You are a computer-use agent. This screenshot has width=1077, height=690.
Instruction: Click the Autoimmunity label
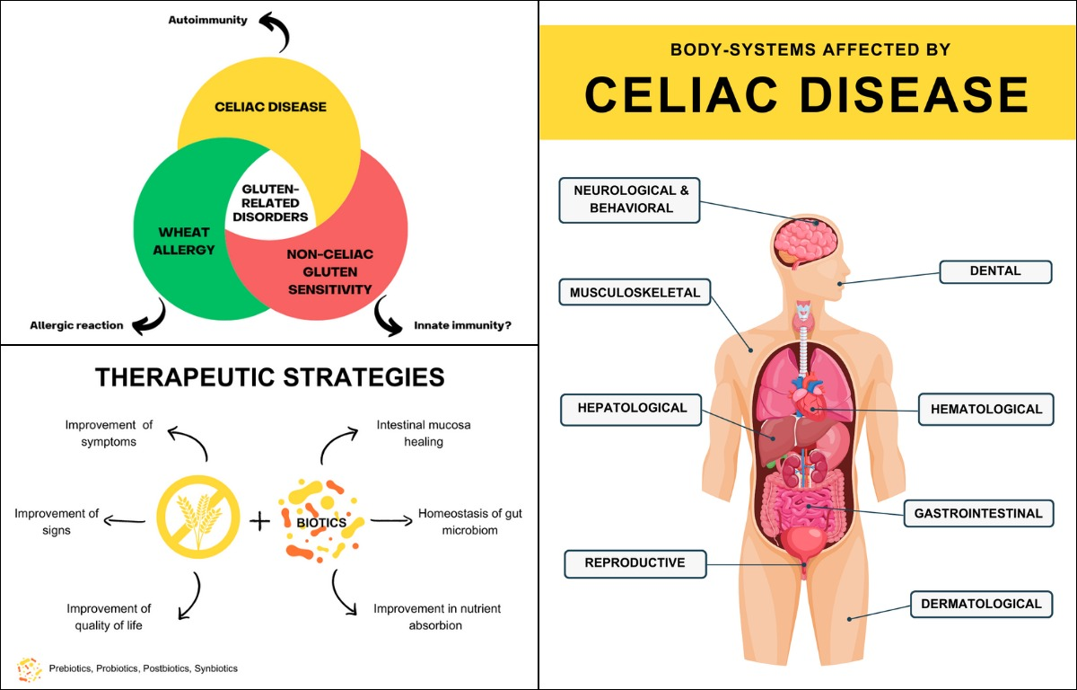coord(207,20)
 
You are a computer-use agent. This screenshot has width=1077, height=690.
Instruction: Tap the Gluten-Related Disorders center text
coord(275,203)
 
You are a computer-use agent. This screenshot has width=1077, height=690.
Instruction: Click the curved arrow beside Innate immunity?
coord(388,316)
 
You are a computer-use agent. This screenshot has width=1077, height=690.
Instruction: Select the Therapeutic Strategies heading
coord(269,376)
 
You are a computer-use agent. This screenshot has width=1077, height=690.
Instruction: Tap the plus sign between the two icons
coord(258,519)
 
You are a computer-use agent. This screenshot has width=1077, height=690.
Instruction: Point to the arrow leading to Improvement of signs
coord(125,519)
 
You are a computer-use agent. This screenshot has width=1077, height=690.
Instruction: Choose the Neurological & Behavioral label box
coord(629,199)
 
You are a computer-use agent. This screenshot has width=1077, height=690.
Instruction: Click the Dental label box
coord(994,271)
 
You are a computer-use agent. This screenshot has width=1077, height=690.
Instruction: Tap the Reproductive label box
coord(635,563)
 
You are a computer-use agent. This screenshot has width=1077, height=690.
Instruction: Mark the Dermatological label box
coord(981,605)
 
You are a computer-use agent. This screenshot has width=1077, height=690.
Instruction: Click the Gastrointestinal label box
coord(977,514)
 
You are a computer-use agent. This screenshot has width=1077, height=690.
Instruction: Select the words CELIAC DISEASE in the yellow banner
coord(806,94)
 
